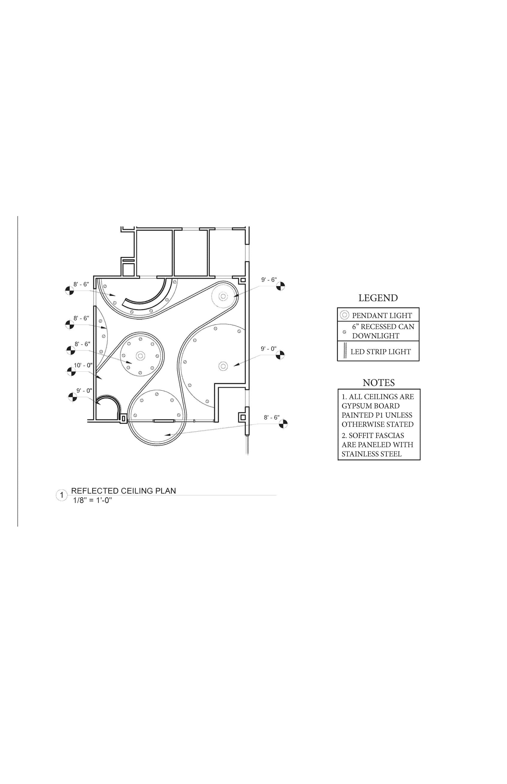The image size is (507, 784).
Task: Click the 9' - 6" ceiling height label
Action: pyautogui.click(x=269, y=280)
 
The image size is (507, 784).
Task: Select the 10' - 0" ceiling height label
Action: pyautogui.click(x=83, y=365)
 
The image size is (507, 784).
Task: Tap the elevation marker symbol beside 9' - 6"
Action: pyautogui.click(x=280, y=286)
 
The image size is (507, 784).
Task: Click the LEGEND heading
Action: pyautogui.click(x=378, y=298)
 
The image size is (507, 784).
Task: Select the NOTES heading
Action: pyautogui.click(x=379, y=383)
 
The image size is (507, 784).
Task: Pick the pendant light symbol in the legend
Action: pyautogui.click(x=344, y=315)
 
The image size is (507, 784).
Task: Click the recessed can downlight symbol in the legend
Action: pyautogui.click(x=344, y=332)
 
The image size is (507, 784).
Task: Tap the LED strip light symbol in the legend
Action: pyautogui.click(x=345, y=351)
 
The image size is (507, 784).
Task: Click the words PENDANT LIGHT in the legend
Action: pyautogui.click(x=382, y=316)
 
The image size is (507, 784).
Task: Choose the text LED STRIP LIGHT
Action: pyautogui.click(x=381, y=352)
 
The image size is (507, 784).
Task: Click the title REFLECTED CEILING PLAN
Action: pyautogui.click(x=123, y=491)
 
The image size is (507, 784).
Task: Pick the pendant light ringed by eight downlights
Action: pyautogui.click(x=141, y=355)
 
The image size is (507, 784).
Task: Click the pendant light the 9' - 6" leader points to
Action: pyautogui.click(x=223, y=296)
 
